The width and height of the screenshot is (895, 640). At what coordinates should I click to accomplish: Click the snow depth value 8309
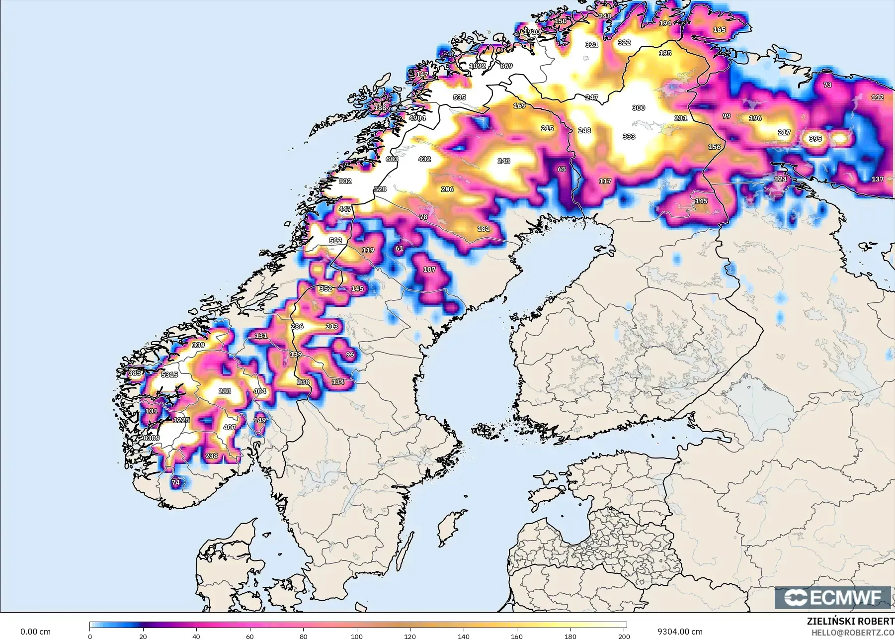[x=152, y=438]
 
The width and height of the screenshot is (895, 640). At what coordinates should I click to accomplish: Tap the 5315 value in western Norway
[x=169, y=374]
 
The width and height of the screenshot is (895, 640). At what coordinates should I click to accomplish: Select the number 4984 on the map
[x=417, y=118]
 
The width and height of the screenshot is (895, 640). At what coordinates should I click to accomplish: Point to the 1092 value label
[x=478, y=66]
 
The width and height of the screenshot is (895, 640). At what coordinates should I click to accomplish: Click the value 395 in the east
[x=815, y=139]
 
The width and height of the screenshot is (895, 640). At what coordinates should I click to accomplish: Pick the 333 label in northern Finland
[x=629, y=136]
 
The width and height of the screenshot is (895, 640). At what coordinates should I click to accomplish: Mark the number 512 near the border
[x=335, y=240]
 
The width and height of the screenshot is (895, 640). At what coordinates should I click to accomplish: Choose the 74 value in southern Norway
[x=175, y=482]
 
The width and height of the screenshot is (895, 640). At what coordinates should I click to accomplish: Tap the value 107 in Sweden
[x=429, y=270]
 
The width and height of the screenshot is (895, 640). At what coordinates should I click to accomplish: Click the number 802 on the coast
[x=345, y=181]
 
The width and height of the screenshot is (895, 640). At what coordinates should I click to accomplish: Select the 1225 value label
[x=181, y=420]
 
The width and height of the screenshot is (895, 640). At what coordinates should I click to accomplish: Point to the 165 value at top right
[x=719, y=30]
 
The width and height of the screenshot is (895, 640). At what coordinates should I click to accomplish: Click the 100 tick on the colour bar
[x=357, y=636]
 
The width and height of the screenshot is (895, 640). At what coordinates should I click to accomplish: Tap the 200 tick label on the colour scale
[x=624, y=636]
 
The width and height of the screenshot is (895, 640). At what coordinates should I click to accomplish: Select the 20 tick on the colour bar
[x=143, y=636]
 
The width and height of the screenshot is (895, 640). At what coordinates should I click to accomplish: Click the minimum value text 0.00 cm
[x=35, y=632]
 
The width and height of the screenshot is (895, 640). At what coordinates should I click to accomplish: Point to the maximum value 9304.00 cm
[x=680, y=632]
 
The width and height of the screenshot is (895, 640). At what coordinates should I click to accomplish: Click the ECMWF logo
[x=832, y=597]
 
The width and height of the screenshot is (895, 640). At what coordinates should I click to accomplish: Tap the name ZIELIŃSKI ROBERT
[x=850, y=621]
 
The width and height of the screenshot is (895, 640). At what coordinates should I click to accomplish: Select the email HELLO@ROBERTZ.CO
[x=853, y=633]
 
